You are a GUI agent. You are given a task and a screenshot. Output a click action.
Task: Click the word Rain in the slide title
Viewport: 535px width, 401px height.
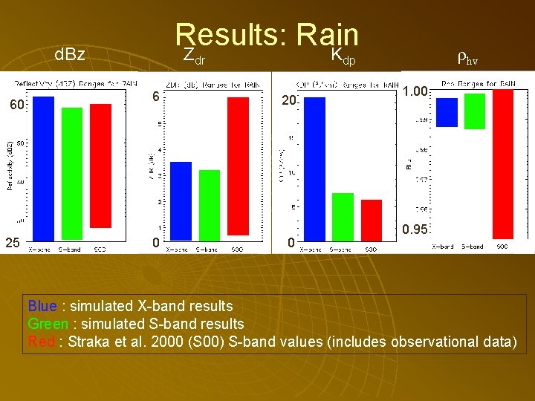(327, 36)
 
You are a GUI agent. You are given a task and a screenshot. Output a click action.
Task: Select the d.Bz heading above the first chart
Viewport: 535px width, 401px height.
(71, 54)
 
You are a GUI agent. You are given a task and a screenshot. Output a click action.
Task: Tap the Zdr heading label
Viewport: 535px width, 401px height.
(194, 54)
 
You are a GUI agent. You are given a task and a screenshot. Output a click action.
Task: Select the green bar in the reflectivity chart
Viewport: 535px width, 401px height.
(72, 174)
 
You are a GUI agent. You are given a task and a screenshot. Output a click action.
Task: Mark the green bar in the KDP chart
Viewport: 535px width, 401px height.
(343, 216)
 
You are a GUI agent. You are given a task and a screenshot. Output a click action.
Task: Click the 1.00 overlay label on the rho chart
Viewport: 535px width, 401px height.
(415, 92)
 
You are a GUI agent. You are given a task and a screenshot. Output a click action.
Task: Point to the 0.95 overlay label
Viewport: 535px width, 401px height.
(415, 229)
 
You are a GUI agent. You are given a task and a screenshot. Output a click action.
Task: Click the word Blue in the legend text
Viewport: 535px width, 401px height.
(42, 306)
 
